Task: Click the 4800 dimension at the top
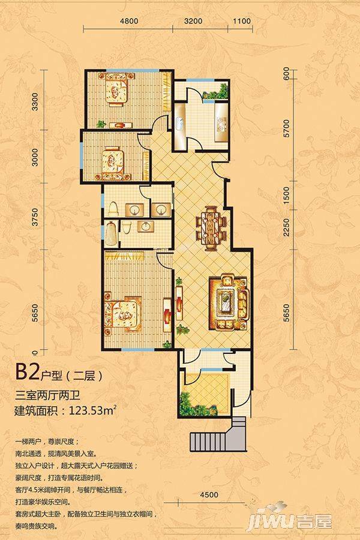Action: tap(129, 22)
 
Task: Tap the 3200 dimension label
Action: tap(193, 22)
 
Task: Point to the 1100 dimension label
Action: tap(242, 22)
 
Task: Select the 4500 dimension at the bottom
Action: tap(209, 495)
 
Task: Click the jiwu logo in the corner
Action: tap(289, 520)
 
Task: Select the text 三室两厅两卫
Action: tap(47, 395)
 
